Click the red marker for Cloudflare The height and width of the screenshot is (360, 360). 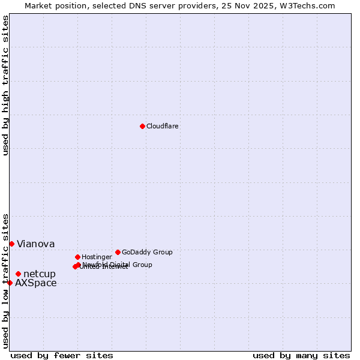tap(142, 126)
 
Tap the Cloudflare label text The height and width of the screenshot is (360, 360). tap(162, 126)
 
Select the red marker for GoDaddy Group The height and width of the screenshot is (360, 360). tap(118, 252)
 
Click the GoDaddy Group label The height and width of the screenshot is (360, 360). tap(147, 252)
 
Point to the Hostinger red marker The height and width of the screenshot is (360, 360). tap(77, 257)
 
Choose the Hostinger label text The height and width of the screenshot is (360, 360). tap(97, 257)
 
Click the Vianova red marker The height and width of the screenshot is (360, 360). tap(11, 244)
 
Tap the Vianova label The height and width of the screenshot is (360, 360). tap(35, 244)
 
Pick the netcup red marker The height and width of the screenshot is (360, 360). tap(18, 274)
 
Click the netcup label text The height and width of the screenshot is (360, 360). tap(39, 274)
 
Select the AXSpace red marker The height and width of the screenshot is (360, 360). tap(10, 283)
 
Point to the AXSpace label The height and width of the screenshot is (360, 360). tap(36, 283)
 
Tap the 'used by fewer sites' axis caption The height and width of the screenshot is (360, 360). tap(62, 355)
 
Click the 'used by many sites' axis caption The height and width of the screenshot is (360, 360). tap(301, 355)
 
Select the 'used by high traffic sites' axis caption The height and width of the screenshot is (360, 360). tap(5, 85)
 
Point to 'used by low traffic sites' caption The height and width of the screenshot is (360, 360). tap(5, 280)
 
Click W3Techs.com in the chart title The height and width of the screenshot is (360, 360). tap(305, 5)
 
